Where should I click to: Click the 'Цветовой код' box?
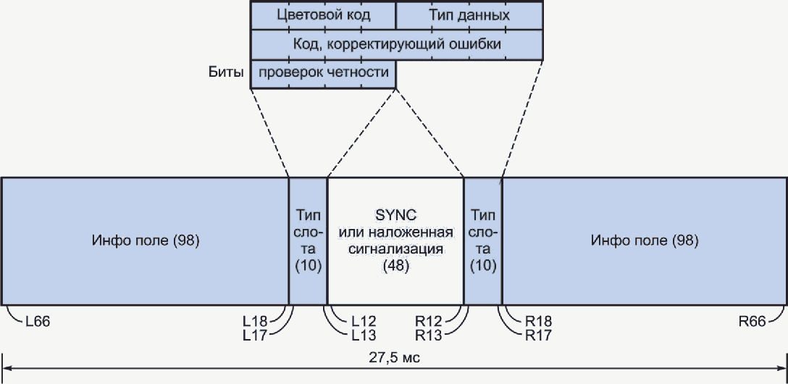[323, 15]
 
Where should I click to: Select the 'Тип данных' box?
[469, 15]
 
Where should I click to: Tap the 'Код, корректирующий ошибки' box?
[397, 44]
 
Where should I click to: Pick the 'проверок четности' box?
[323, 72]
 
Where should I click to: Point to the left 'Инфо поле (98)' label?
[146, 240]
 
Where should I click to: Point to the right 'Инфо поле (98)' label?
[645, 240]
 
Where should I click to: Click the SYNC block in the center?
[395, 240]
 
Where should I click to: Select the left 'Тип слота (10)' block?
[309, 240]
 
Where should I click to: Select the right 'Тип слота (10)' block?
[482, 240]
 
